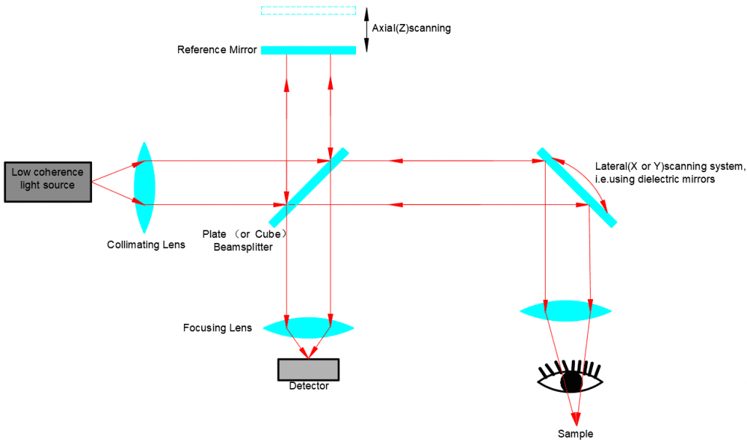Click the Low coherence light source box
(x=48, y=181)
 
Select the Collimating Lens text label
(x=146, y=245)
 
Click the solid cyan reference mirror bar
(x=308, y=50)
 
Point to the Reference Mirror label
(x=217, y=50)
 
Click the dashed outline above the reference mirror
(x=308, y=10)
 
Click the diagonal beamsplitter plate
(x=309, y=187)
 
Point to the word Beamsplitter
(x=242, y=247)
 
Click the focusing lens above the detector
(x=308, y=327)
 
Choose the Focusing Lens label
(x=217, y=328)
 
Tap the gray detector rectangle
(x=308, y=369)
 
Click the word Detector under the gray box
(x=309, y=386)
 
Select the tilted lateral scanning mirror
(x=577, y=187)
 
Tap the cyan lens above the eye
(x=565, y=311)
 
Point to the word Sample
(x=575, y=433)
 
